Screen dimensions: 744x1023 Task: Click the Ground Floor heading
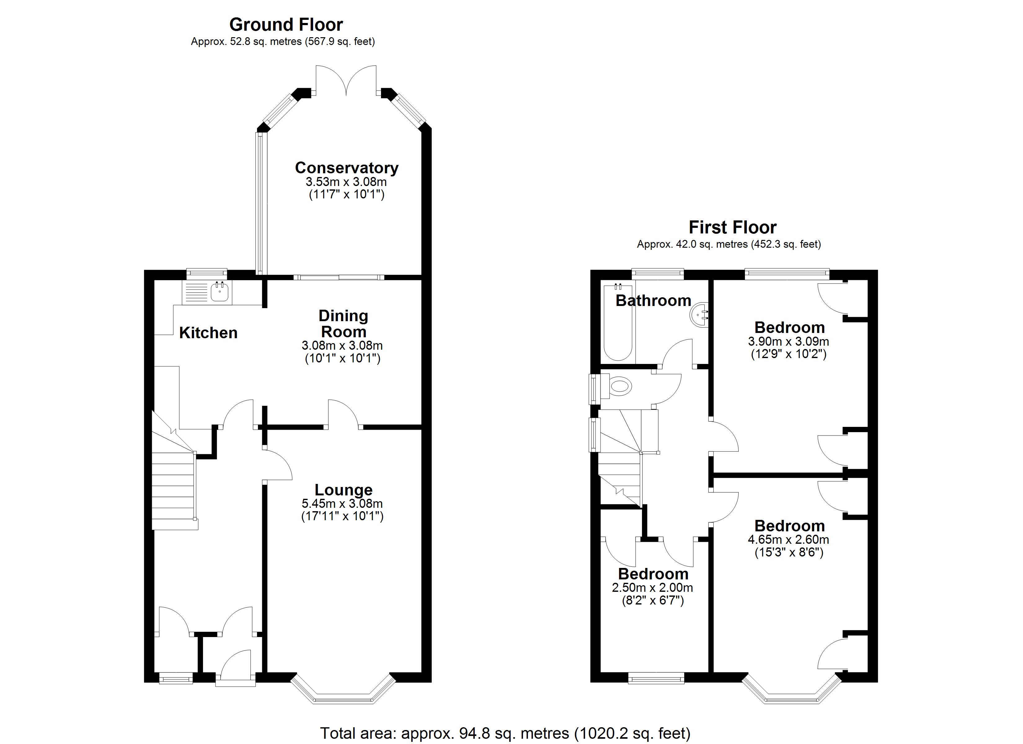coord(286,24)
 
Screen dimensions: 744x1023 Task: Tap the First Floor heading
coord(732,228)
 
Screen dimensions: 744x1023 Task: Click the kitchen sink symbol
coord(220,292)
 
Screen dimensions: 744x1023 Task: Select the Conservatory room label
coord(346,168)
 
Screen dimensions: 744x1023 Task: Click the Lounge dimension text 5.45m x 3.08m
coord(342,503)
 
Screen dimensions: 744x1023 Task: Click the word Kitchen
coord(208,333)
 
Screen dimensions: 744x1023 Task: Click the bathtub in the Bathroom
coord(618,323)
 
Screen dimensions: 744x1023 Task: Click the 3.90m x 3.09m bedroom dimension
coord(788,342)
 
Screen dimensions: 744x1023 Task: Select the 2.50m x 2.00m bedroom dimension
coord(652,588)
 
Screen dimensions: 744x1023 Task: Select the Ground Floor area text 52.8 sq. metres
coord(282,42)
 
